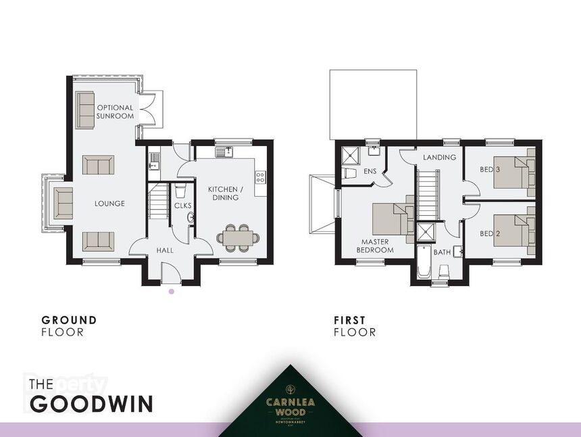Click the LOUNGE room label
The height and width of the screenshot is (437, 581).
109,204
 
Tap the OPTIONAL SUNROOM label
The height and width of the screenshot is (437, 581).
115,112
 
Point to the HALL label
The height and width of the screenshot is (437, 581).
164,250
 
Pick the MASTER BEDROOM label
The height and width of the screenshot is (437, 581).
375,246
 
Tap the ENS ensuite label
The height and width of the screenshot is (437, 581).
370,171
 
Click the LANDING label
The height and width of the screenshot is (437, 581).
440,157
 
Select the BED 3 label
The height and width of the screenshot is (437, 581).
489,168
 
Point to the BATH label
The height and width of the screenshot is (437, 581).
443,252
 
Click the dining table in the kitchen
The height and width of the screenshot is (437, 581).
238,237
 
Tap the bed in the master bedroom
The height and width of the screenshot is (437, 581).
393,219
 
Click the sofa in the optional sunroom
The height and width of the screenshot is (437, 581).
85,110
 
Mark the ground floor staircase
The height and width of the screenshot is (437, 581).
158,201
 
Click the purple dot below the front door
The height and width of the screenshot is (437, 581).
171,292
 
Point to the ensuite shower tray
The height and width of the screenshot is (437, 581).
351,156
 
